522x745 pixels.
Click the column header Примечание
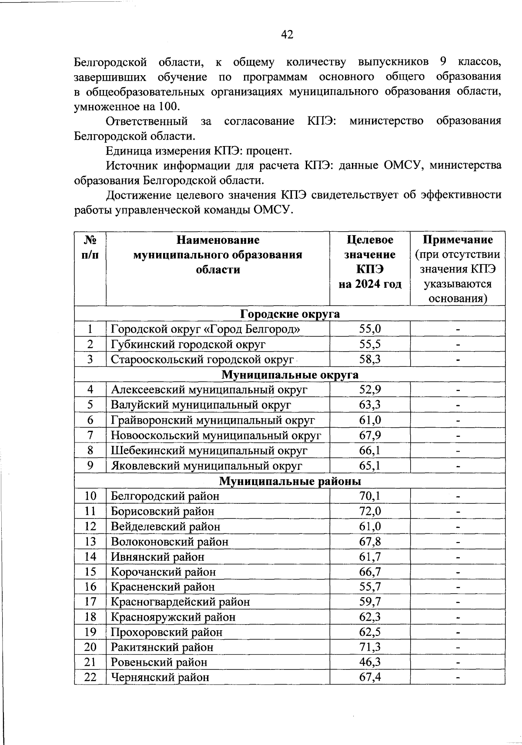tap(458, 240)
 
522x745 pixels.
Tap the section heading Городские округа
tap(290, 314)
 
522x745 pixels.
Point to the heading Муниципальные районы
tap(290, 481)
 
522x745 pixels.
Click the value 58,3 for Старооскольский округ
tap(370, 359)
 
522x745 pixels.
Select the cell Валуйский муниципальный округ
tap(201, 405)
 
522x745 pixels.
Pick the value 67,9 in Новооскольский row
tap(370, 436)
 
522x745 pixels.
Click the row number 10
tap(90, 496)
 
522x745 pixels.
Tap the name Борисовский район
tap(163, 511)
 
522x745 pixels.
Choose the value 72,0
tap(370, 511)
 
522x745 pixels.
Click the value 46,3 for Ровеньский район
tap(370, 662)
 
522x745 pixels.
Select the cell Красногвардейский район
tap(181, 602)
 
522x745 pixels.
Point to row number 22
tap(90, 677)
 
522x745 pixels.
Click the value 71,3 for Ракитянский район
tap(370, 647)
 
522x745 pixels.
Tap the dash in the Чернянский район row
tap(458, 678)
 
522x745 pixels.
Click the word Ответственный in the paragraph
tap(147, 121)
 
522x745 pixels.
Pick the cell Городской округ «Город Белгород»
tap(205, 329)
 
